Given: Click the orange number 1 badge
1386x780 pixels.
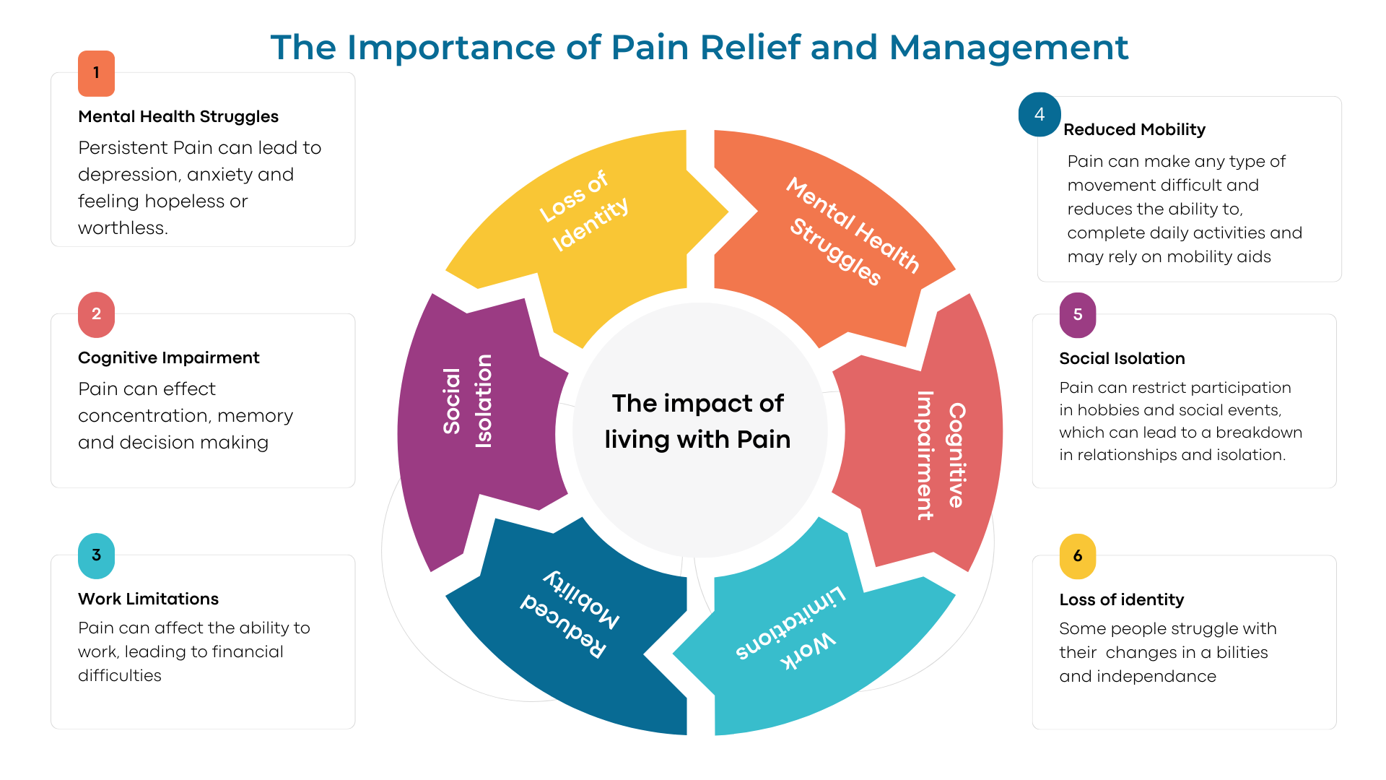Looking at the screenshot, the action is click(x=96, y=73).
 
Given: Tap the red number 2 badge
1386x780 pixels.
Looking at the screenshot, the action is click(x=96, y=314).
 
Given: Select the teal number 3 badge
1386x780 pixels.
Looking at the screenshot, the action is click(x=96, y=555).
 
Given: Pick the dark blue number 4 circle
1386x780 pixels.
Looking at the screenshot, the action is click(x=1039, y=114).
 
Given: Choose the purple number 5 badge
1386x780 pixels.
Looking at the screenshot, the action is click(x=1078, y=315).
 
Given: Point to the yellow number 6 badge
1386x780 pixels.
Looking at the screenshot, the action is click(x=1078, y=556).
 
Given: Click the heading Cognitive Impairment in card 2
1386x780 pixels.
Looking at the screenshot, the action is click(x=168, y=358).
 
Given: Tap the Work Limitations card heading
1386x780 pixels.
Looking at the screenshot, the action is click(x=148, y=599).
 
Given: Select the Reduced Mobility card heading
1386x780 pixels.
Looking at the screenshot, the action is click(x=1134, y=130).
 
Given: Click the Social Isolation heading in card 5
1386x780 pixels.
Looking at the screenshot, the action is click(x=1122, y=359).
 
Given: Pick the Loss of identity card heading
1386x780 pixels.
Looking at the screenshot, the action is click(x=1121, y=600).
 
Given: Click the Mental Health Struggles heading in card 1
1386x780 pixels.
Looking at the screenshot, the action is click(x=178, y=117).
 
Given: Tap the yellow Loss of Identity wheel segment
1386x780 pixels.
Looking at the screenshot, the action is click(x=585, y=217).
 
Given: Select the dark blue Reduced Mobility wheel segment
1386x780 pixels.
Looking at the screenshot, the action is click(x=577, y=628).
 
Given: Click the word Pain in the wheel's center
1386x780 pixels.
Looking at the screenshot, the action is click(x=762, y=439).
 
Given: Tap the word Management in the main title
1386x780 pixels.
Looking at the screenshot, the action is click(x=1008, y=48).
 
